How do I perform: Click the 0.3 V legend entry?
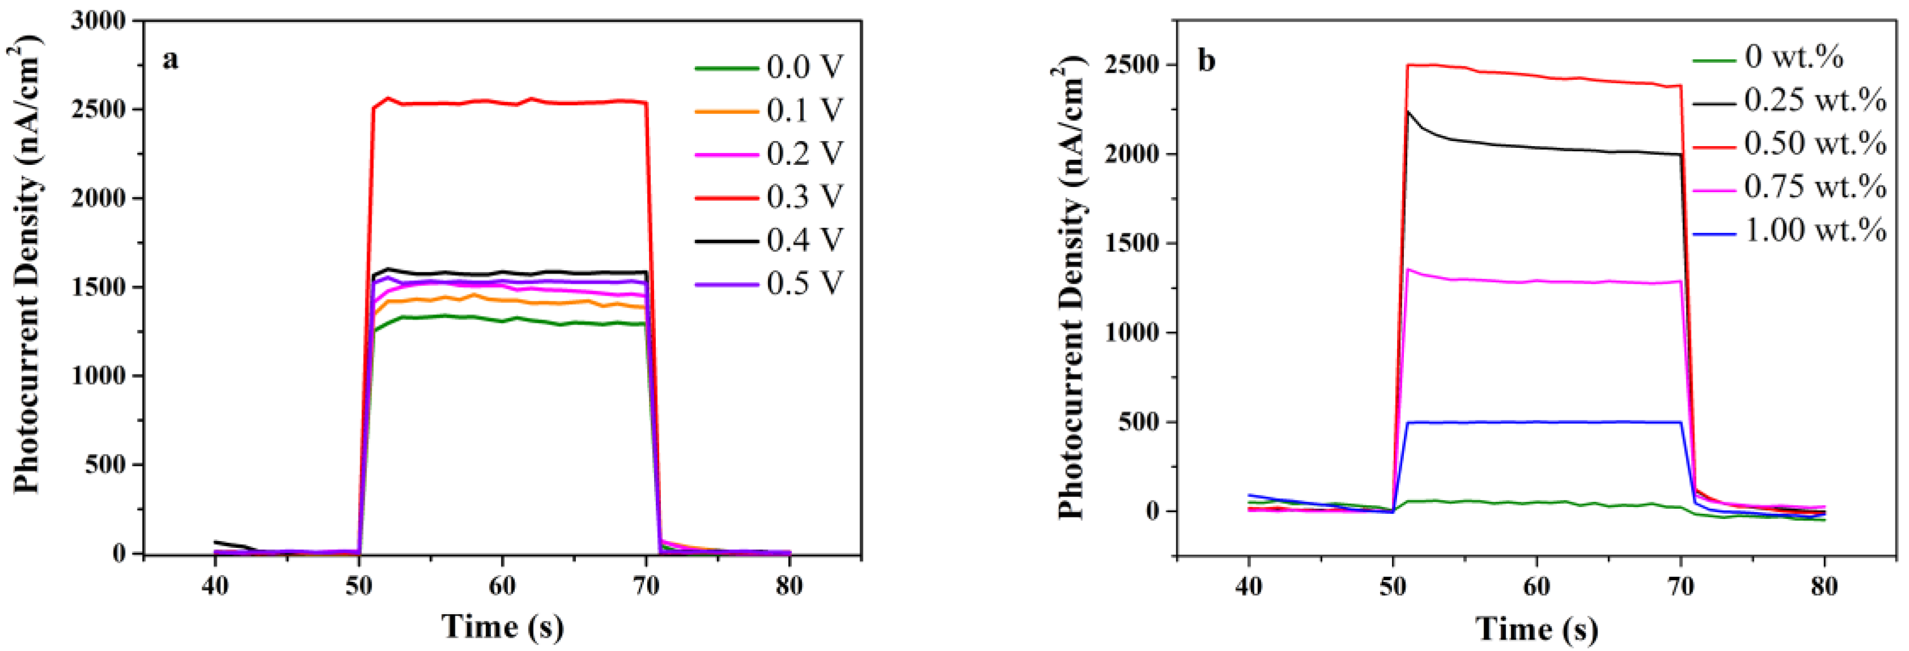tap(805, 197)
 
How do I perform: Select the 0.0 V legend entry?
tap(805, 67)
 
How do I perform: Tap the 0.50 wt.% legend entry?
tap(1814, 144)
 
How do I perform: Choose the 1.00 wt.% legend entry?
tap(1814, 231)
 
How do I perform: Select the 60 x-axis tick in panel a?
tap(502, 586)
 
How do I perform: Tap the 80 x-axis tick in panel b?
tap(1824, 587)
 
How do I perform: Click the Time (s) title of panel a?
tap(502, 627)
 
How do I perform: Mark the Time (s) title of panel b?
tap(1536, 629)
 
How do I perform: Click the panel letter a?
tap(170, 59)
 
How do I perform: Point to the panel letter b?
tap(1206, 61)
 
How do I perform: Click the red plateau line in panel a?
tap(504, 103)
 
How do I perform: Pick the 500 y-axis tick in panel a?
tap(106, 465)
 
